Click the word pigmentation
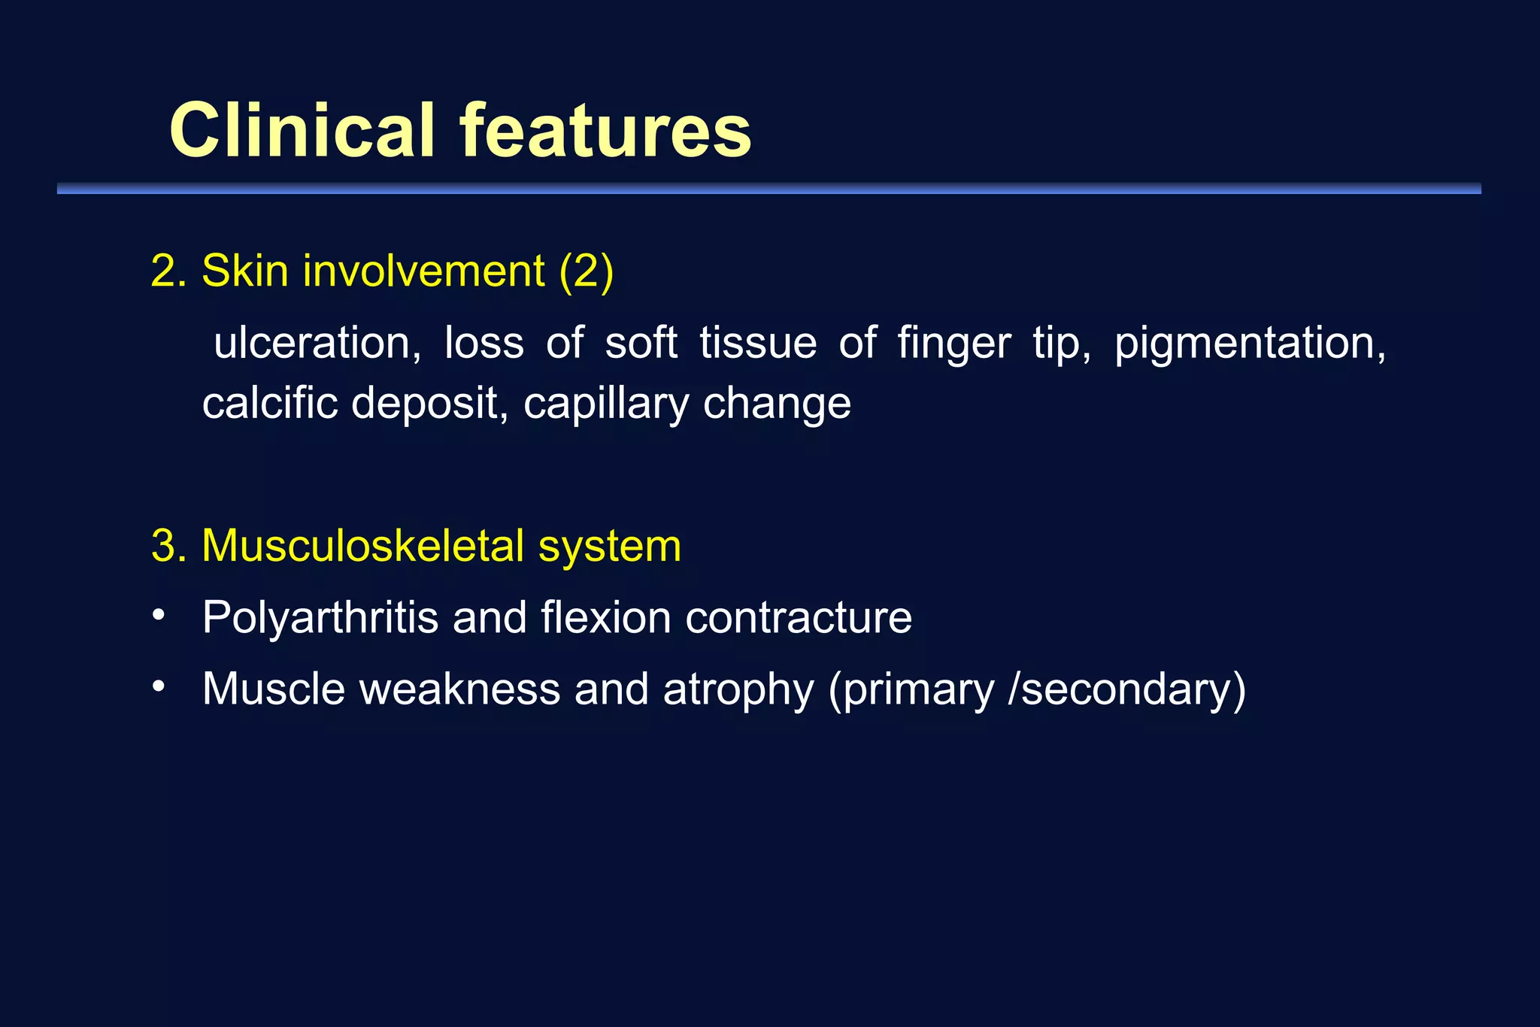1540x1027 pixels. [x=1249, y=344]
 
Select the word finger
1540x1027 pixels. [x=953, y=344]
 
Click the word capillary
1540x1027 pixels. [x=605, y=404]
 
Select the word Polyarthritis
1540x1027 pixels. [x=320, y=618]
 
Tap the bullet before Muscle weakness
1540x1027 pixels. [x=158, y=687]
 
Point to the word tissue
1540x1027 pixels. [x=757, y=343]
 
